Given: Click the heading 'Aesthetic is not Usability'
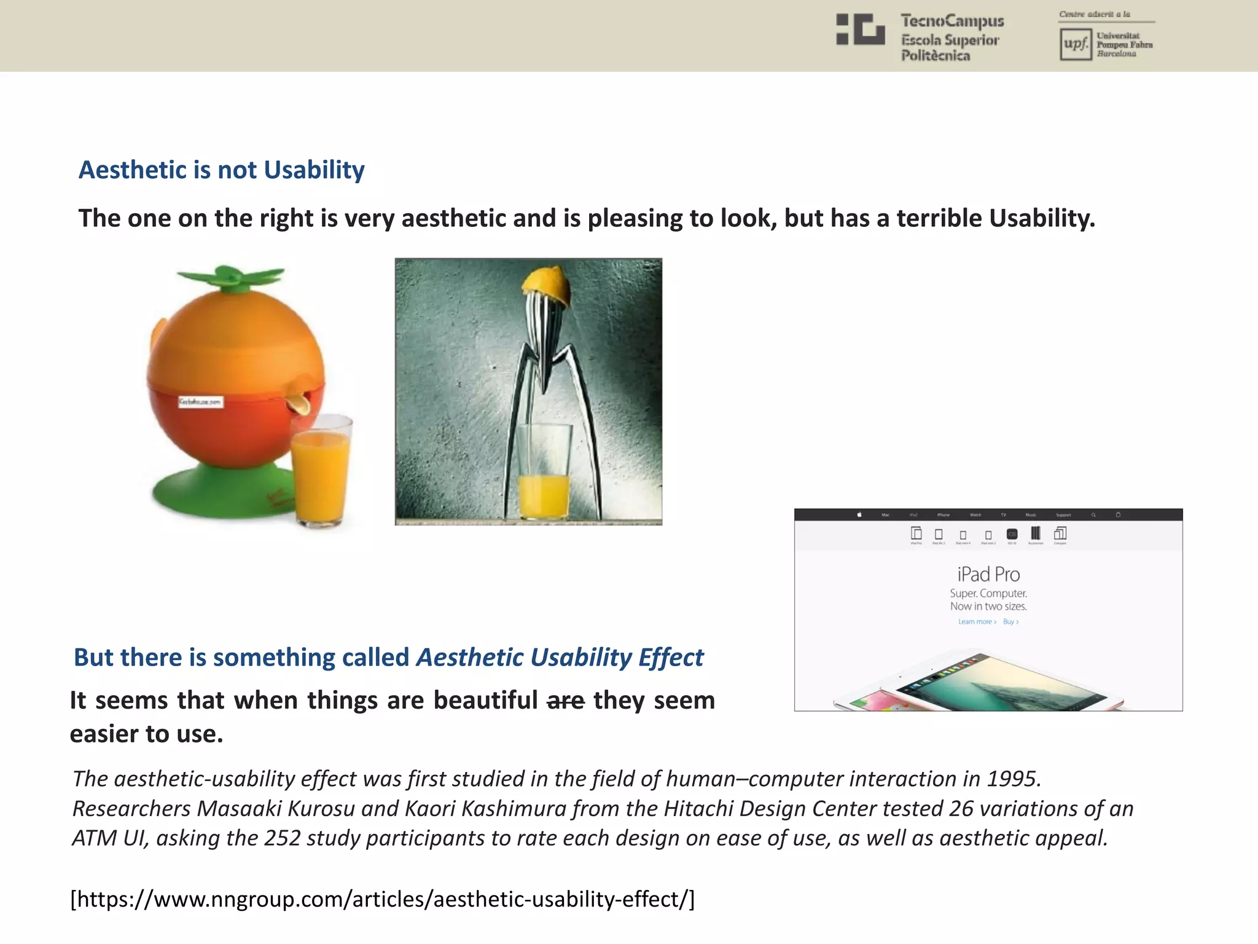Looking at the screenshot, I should (x=221, y=170).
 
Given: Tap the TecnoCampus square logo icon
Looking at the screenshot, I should (x=860, y=29).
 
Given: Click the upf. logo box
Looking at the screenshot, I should (x=1076, y=44).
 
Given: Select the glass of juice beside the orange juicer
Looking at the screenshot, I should (x=321, y=470).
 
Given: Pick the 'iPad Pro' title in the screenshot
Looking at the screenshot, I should (x=988, y=574).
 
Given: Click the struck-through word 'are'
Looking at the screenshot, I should (x=565, y=701).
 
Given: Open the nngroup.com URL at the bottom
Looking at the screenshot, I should (x=382, y=899).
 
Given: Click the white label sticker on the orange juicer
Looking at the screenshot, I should (x=201, y=402).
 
